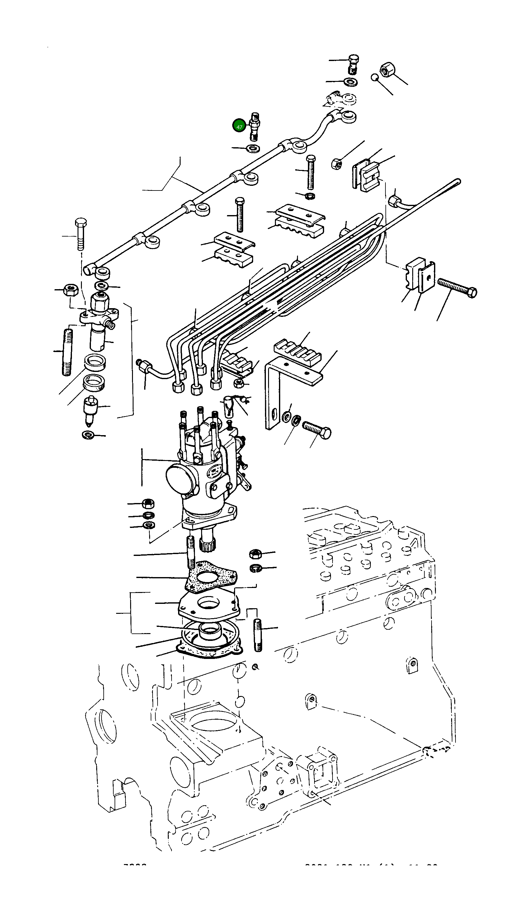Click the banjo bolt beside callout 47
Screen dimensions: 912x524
pos(254,127)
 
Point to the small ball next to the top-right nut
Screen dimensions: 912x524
pos(375,78)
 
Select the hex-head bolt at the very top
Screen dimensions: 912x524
pos(354,63)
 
